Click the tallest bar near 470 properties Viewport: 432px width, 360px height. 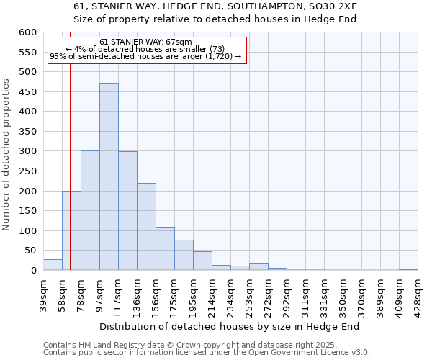109,176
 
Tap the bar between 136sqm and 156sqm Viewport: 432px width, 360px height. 146,227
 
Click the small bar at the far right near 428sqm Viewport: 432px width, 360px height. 408,269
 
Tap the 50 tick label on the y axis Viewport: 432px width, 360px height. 30,251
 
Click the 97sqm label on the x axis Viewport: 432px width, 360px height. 99,291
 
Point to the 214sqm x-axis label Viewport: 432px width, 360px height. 212,291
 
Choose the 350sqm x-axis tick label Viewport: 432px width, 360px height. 343,291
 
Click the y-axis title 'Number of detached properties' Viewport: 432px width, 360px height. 6,155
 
